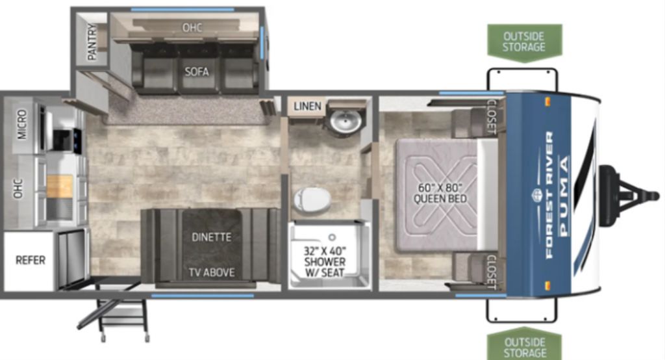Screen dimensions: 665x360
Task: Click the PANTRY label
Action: pos(92,41)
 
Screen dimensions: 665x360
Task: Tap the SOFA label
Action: pos(197,71)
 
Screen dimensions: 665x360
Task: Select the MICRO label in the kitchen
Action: pos(22,124)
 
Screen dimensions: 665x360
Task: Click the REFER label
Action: pos(30,260)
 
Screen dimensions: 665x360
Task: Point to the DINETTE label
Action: pos(212,237)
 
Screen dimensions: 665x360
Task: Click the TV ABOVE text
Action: pos(212,272)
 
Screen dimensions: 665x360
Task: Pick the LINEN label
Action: pos(307,106)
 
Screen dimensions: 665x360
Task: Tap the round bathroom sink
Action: pos(345,121)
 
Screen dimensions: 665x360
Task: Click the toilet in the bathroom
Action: pos(312,199)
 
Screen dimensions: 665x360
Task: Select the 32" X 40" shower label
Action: pos(325,261)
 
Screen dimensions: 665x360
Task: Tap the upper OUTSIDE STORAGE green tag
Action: pos(525,42)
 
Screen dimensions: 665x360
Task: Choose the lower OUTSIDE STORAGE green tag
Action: pos(525,344)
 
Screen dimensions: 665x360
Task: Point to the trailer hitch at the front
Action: pos(628,196)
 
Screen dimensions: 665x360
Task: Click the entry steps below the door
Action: pos(116,318)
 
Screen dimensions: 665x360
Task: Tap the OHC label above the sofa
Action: pos(192,27)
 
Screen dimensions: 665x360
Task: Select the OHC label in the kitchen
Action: pos(18,188)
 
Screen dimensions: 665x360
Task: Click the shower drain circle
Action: pos(332,238)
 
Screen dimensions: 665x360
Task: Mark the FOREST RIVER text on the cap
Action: pos(549,195)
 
